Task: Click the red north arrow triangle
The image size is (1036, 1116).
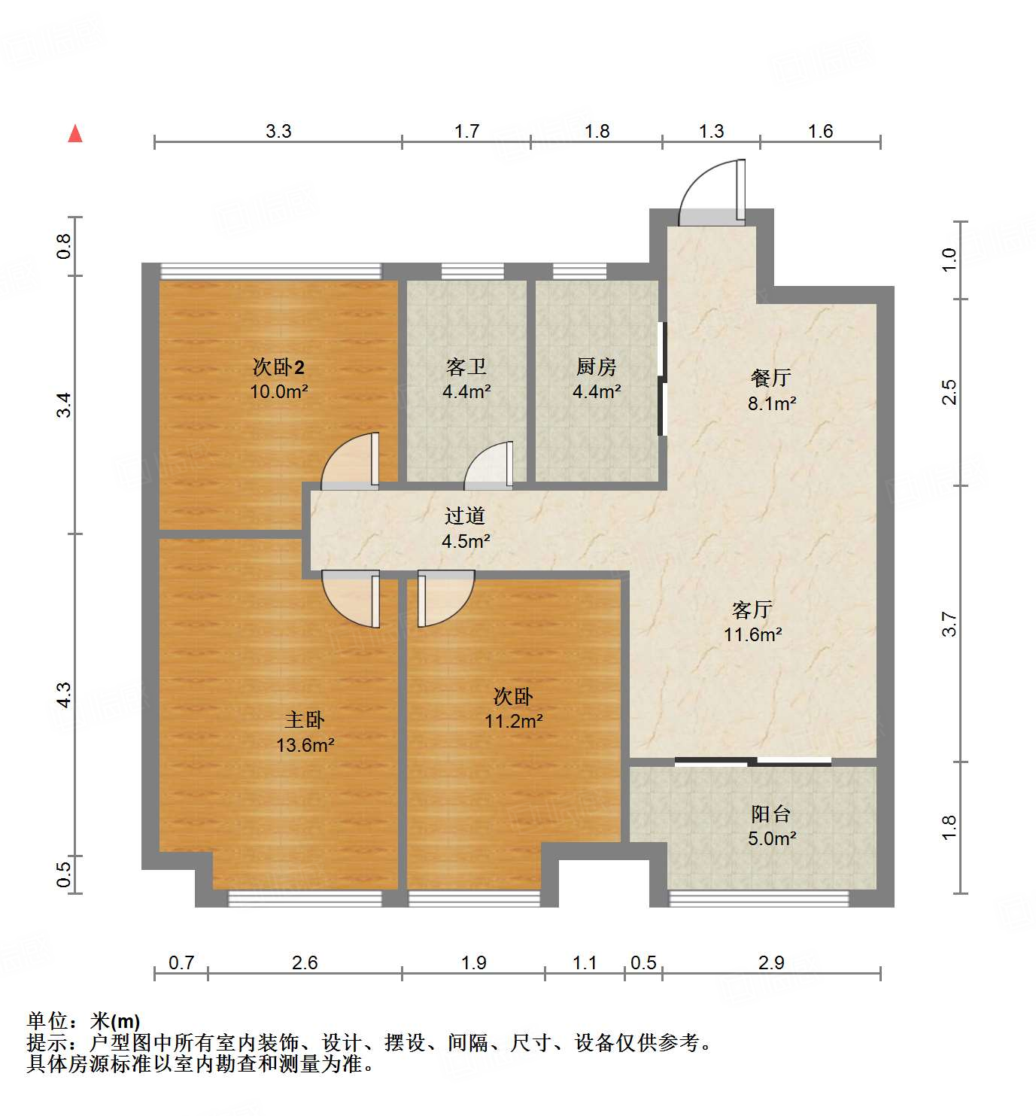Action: pyautogui.click(x=75, y=133)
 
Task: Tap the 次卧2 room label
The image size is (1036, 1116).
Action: pyautogui.click(x=278, y=367)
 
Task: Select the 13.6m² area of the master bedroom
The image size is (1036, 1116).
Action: pyautogui.click(x=305, y=745)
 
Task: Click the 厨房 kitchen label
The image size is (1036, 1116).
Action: pyautogui.click(x=596, y=367)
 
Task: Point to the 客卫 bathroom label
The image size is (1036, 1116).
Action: pyautogui.click(x=466, y=367)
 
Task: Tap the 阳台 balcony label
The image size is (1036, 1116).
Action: pyautogui.click(x=771, y=813)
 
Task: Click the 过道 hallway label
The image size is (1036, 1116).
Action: pyautogui.click(x=465, y=516)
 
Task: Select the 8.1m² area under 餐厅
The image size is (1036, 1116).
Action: pyautogui.click(x=772, y=403)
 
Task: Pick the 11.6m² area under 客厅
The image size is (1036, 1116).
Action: pyautogui.click(x=752, y=634)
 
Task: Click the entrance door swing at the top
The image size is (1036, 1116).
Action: pyautogui.click(x=711, y=192)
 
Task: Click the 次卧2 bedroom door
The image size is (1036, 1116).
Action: pyautogui.click(x=351, y=461)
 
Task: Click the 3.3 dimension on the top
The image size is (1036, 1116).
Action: pyautogui.click(x=278, y=131)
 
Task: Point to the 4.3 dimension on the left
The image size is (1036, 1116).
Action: pyautogui.click(x=65, y=695)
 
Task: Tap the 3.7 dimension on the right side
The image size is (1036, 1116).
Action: pyautogui.click(x=949, y=624)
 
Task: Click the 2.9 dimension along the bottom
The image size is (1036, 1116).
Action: pyautogui.click(x=771, y=962)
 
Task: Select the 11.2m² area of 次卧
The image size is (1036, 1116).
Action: pyautogui.click(x=513, y=721)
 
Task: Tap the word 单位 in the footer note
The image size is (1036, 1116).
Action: pyautogui.click(x=47, y=1021)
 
